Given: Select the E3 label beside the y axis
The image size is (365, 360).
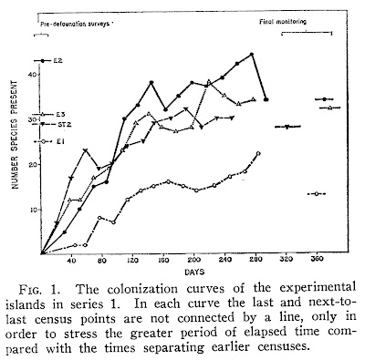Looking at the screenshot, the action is [59, 115].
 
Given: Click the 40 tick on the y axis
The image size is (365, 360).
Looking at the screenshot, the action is [33, 75].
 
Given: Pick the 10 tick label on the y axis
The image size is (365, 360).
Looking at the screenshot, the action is [33, 210].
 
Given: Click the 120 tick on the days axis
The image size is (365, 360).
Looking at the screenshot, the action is [133, 260].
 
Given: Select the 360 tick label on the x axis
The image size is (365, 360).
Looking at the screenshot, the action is [317, 260].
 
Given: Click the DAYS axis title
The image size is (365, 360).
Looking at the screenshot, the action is [194, 273].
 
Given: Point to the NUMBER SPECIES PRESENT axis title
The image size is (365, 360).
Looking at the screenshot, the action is [16, 135].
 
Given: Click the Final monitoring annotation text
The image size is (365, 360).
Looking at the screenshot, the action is [283, 22].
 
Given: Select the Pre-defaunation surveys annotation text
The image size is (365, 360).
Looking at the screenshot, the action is [76, 25].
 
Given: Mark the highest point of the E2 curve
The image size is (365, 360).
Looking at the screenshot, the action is [252, 55].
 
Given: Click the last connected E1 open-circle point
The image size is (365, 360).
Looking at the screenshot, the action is [258, 153].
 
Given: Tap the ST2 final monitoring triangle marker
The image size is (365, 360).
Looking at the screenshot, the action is [287, 127].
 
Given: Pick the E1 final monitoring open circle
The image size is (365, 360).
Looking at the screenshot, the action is [317, 193].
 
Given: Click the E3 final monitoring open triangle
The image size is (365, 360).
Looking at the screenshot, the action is [329, 108].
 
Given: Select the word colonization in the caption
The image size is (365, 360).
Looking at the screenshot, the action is [142, 288].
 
